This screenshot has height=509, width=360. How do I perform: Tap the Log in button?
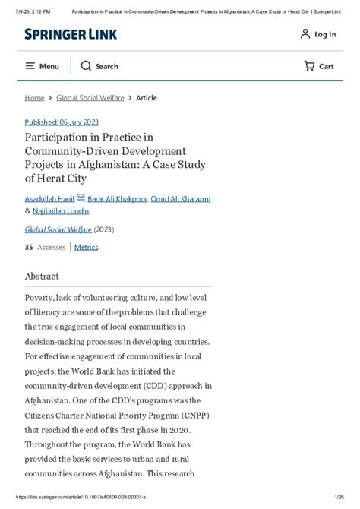(x=317, y=34)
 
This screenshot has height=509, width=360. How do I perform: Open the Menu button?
(x=42, y=66)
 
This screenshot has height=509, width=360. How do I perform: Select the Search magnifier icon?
(x=86, y=66)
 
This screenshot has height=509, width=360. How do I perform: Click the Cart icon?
(x=309, y=66)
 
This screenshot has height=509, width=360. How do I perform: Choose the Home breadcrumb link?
(x=34, y=98)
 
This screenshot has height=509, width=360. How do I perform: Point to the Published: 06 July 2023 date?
(x=62, y=122)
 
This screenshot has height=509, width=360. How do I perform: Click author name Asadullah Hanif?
(x=49, y=198)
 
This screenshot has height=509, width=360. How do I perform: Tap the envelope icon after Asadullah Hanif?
(x=81, y=198)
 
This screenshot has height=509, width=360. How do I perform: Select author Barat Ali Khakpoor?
(x=117, y=198)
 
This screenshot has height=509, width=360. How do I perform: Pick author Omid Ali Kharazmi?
(x=181, y=198)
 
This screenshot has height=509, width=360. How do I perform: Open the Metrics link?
(x=86, y=247)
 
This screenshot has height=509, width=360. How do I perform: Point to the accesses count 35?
(x=29, y=247)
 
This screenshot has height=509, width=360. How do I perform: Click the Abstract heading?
(x=42, y=277)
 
